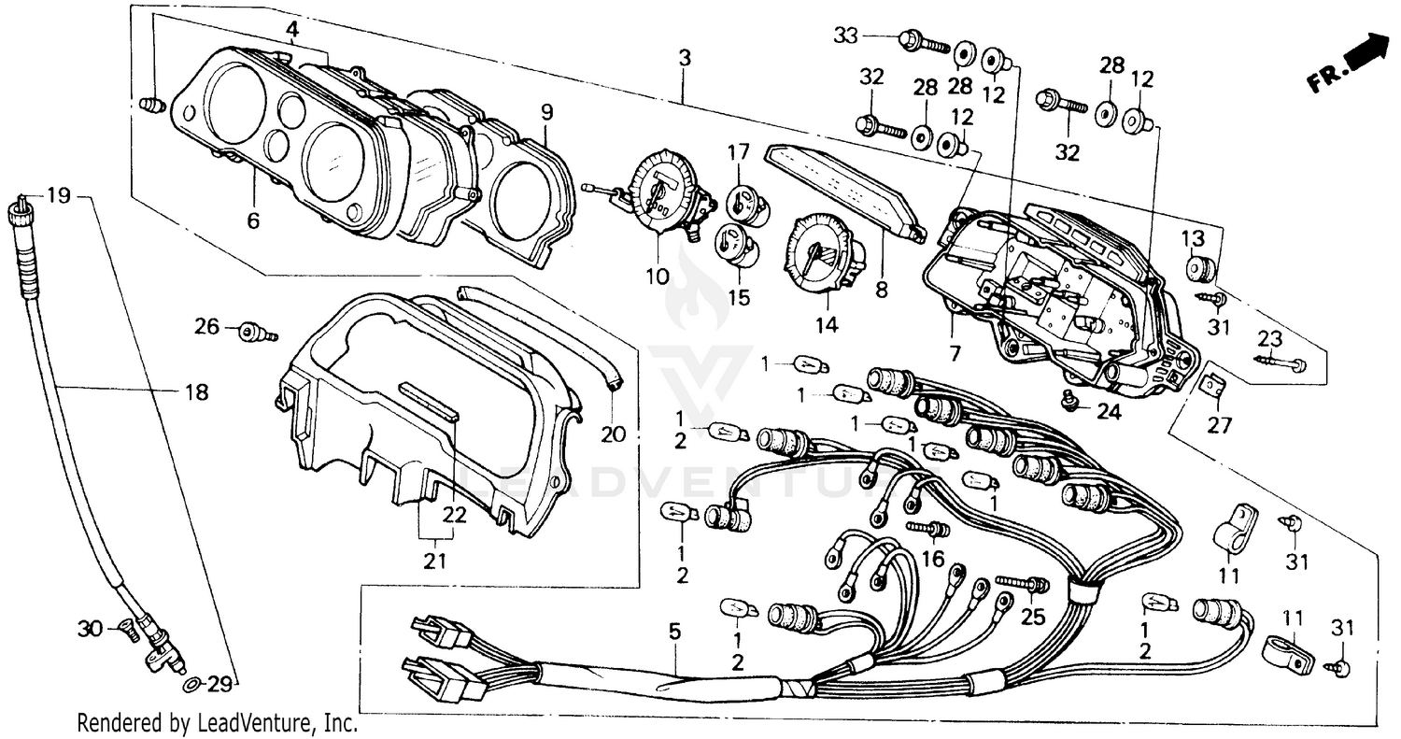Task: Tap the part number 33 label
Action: tap(847, 36)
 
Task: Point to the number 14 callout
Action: tap(827, 325)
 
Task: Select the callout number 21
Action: tap(435, 561)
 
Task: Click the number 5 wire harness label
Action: tap(674, 632)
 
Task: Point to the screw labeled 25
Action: tap(1022, 585)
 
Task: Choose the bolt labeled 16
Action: tap(928, 530)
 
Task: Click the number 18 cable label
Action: tap(196, 392)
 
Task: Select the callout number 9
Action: tap(547, 113)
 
